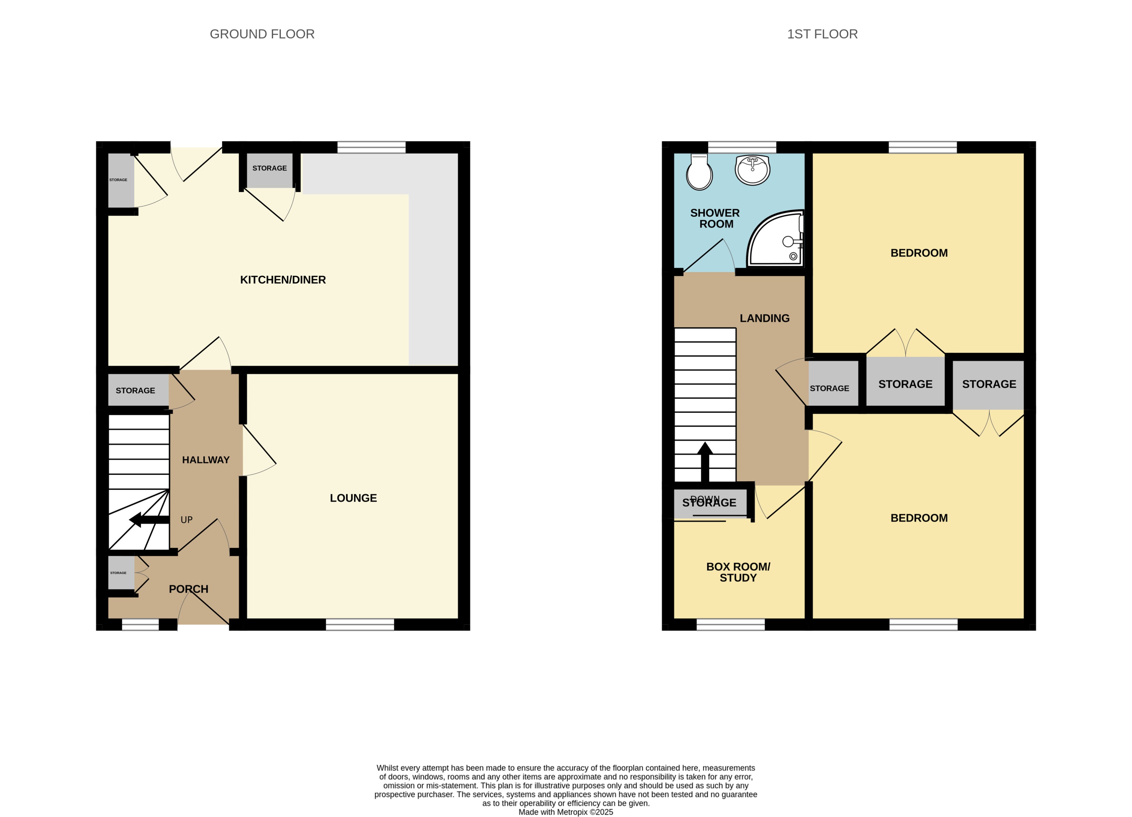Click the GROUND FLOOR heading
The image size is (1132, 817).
click(262, 34)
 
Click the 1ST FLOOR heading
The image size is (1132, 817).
click(822, 34)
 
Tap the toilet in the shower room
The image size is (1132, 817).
click(699, 172)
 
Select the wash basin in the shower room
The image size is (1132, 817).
click(753, 170)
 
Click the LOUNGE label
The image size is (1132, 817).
click(353, 498)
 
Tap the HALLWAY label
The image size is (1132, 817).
click(206, 460)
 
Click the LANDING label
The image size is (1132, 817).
click(764, 318)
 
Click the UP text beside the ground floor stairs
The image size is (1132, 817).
click(186, 520)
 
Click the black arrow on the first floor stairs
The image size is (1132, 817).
click(705, 462)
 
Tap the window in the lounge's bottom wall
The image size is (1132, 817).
click(360, 624)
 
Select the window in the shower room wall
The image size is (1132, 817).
click(742, 147)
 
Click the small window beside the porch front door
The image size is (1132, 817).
click(140, 624)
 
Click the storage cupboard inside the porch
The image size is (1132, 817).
click(121, 573)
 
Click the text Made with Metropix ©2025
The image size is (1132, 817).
click(566, 812)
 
